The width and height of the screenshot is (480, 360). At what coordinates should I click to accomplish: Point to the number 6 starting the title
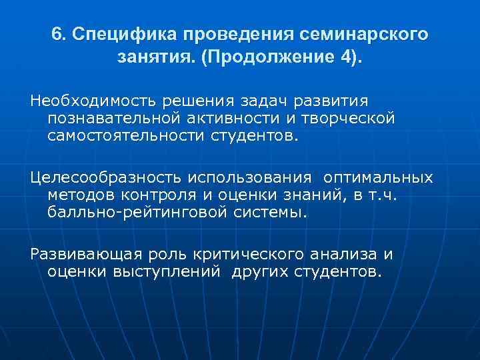[x=57, y=34]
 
